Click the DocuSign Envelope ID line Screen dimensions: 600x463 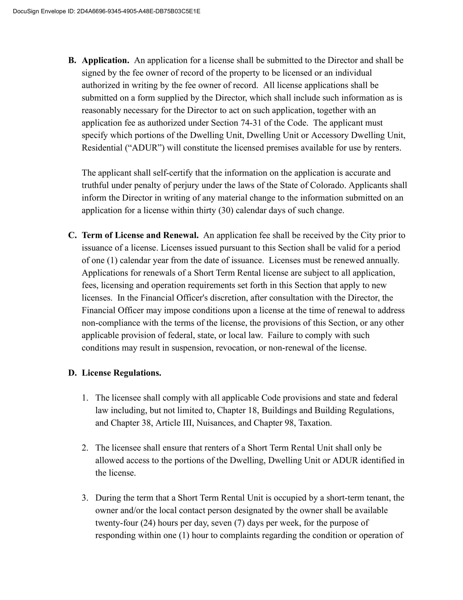coord(106,11)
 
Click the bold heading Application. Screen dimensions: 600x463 coord(105,61)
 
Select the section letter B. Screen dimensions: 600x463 coord(72,61)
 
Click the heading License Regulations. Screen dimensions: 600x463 coord(122,373)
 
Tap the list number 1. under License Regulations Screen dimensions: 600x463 coord(85,398)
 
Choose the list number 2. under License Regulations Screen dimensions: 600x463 coord(85,448)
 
